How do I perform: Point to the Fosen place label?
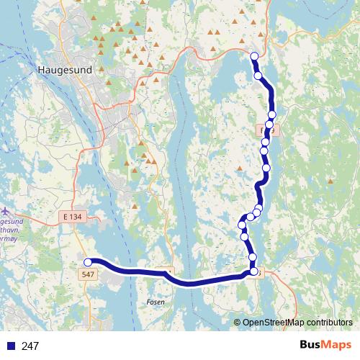(156, 302)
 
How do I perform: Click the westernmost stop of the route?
(89, 262)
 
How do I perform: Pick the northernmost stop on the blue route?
(253, 56)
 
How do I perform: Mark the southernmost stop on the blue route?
(253, 271)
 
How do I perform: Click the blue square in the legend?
(9, 346)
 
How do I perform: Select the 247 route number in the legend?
(30, 346)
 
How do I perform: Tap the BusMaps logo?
(325, 346)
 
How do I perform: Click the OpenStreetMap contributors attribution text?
(297, 323)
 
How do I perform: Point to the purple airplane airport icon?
(6, 212)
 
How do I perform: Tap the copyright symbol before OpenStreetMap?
(237, 323)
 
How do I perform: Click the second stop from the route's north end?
(258, 75)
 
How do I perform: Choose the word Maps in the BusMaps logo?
(338, 346)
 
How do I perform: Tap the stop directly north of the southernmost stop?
(253, 257)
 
